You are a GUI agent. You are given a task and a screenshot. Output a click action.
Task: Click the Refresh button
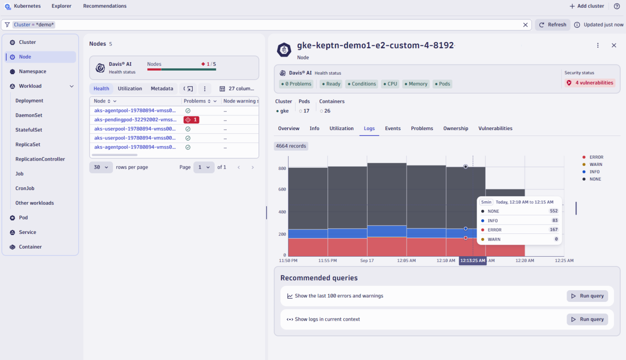pos(553,25)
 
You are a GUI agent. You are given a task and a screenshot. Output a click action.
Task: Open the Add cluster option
pos(587,6)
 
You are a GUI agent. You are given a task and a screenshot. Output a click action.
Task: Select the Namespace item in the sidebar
pos(32,72)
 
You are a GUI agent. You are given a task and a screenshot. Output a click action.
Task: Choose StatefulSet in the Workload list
pos(29,130)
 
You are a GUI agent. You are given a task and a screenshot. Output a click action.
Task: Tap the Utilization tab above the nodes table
pos(130,89)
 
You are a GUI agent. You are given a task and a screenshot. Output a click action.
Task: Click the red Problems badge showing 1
pos(191,120)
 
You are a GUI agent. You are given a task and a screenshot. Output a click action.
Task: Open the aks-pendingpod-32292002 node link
pos(135,120)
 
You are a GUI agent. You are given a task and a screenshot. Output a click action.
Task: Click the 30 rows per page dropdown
pos(101,167)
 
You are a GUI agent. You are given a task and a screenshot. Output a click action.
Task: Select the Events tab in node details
pos(393,128)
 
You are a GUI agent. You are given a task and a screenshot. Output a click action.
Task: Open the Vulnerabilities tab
pos(495,128)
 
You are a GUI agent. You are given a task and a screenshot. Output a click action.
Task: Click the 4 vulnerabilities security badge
pos(590,83)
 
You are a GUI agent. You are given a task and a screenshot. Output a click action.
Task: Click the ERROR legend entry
pos(596,157)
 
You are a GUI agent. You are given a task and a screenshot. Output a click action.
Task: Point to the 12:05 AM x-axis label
pos(406,260)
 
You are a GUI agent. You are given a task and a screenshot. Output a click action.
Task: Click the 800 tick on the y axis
pos(282,169)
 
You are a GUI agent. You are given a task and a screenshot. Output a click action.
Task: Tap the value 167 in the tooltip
pos(554,230)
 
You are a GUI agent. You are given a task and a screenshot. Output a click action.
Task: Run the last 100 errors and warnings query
pos(587,296)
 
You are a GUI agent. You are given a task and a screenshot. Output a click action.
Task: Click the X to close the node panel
pos(614,46)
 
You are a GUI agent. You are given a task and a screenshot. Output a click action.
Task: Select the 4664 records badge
pos(291,146)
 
